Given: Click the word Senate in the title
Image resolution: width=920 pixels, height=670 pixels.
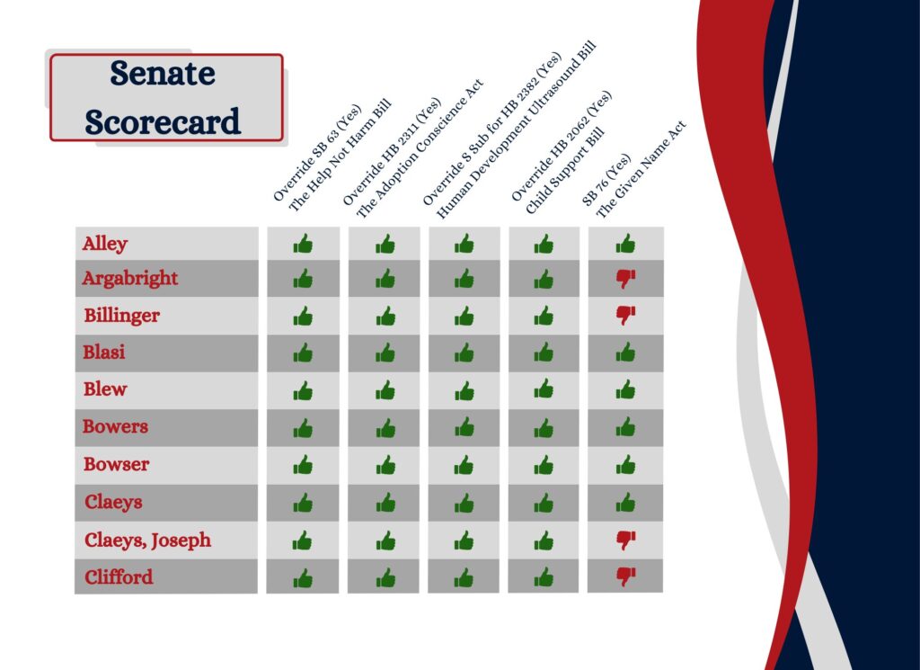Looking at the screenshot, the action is click(x=163, y=74).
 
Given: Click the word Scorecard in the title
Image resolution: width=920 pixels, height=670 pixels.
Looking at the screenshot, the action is click(x=163, y=121).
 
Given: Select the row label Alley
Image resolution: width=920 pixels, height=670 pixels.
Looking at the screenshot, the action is click(x=105, y=244).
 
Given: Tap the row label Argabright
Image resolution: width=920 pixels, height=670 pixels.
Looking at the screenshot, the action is click(x=129, y=278).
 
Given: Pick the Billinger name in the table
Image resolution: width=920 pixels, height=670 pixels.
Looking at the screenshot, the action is click(x=121, y=316).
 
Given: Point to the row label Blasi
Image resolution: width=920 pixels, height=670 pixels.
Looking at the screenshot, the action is click(x=104, y=353).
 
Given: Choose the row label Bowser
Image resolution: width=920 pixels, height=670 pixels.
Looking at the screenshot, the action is click(x=116, y=464).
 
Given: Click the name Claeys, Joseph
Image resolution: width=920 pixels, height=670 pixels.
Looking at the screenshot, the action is click(x=148, y=540).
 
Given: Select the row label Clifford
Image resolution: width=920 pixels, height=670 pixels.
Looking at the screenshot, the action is click(x=119, y=577).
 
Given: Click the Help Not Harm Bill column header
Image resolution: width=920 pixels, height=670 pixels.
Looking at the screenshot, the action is click(x=332, y=157).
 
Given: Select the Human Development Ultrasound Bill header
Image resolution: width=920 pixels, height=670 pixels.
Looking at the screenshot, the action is click(x=510, y=130).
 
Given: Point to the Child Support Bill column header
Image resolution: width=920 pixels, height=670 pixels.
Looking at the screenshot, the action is click(x=562, y=152).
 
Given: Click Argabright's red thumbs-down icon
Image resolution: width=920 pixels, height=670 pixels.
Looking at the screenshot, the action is click(x=625, y=278).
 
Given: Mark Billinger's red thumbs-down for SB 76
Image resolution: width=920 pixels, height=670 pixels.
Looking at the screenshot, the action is click(x=625, y=316).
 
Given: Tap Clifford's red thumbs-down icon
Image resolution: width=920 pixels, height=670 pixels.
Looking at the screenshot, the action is click(x=625, y=576).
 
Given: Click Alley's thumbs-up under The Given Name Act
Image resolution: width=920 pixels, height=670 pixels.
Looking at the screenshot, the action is click(x=625, y=243).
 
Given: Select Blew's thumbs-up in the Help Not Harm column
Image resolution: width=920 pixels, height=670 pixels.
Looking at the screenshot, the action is click(x=303, y=390).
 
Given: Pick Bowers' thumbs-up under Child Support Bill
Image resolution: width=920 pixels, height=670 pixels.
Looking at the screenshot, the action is click(x=544, y=427).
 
